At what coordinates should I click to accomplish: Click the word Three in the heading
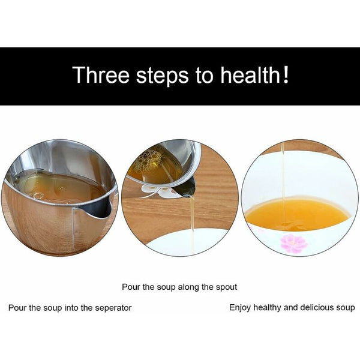click(x=101, y=74)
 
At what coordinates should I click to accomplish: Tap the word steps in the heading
click(x=163, y=76)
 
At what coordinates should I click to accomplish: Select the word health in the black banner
click(x=250, y=74)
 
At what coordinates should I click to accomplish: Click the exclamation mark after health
click(x=286, y=74)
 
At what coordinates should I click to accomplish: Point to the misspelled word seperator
click(x=113, y=308)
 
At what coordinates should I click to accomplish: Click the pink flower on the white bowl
click(x=294, y=244)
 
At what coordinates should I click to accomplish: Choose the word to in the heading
click(x=205, y=76)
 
